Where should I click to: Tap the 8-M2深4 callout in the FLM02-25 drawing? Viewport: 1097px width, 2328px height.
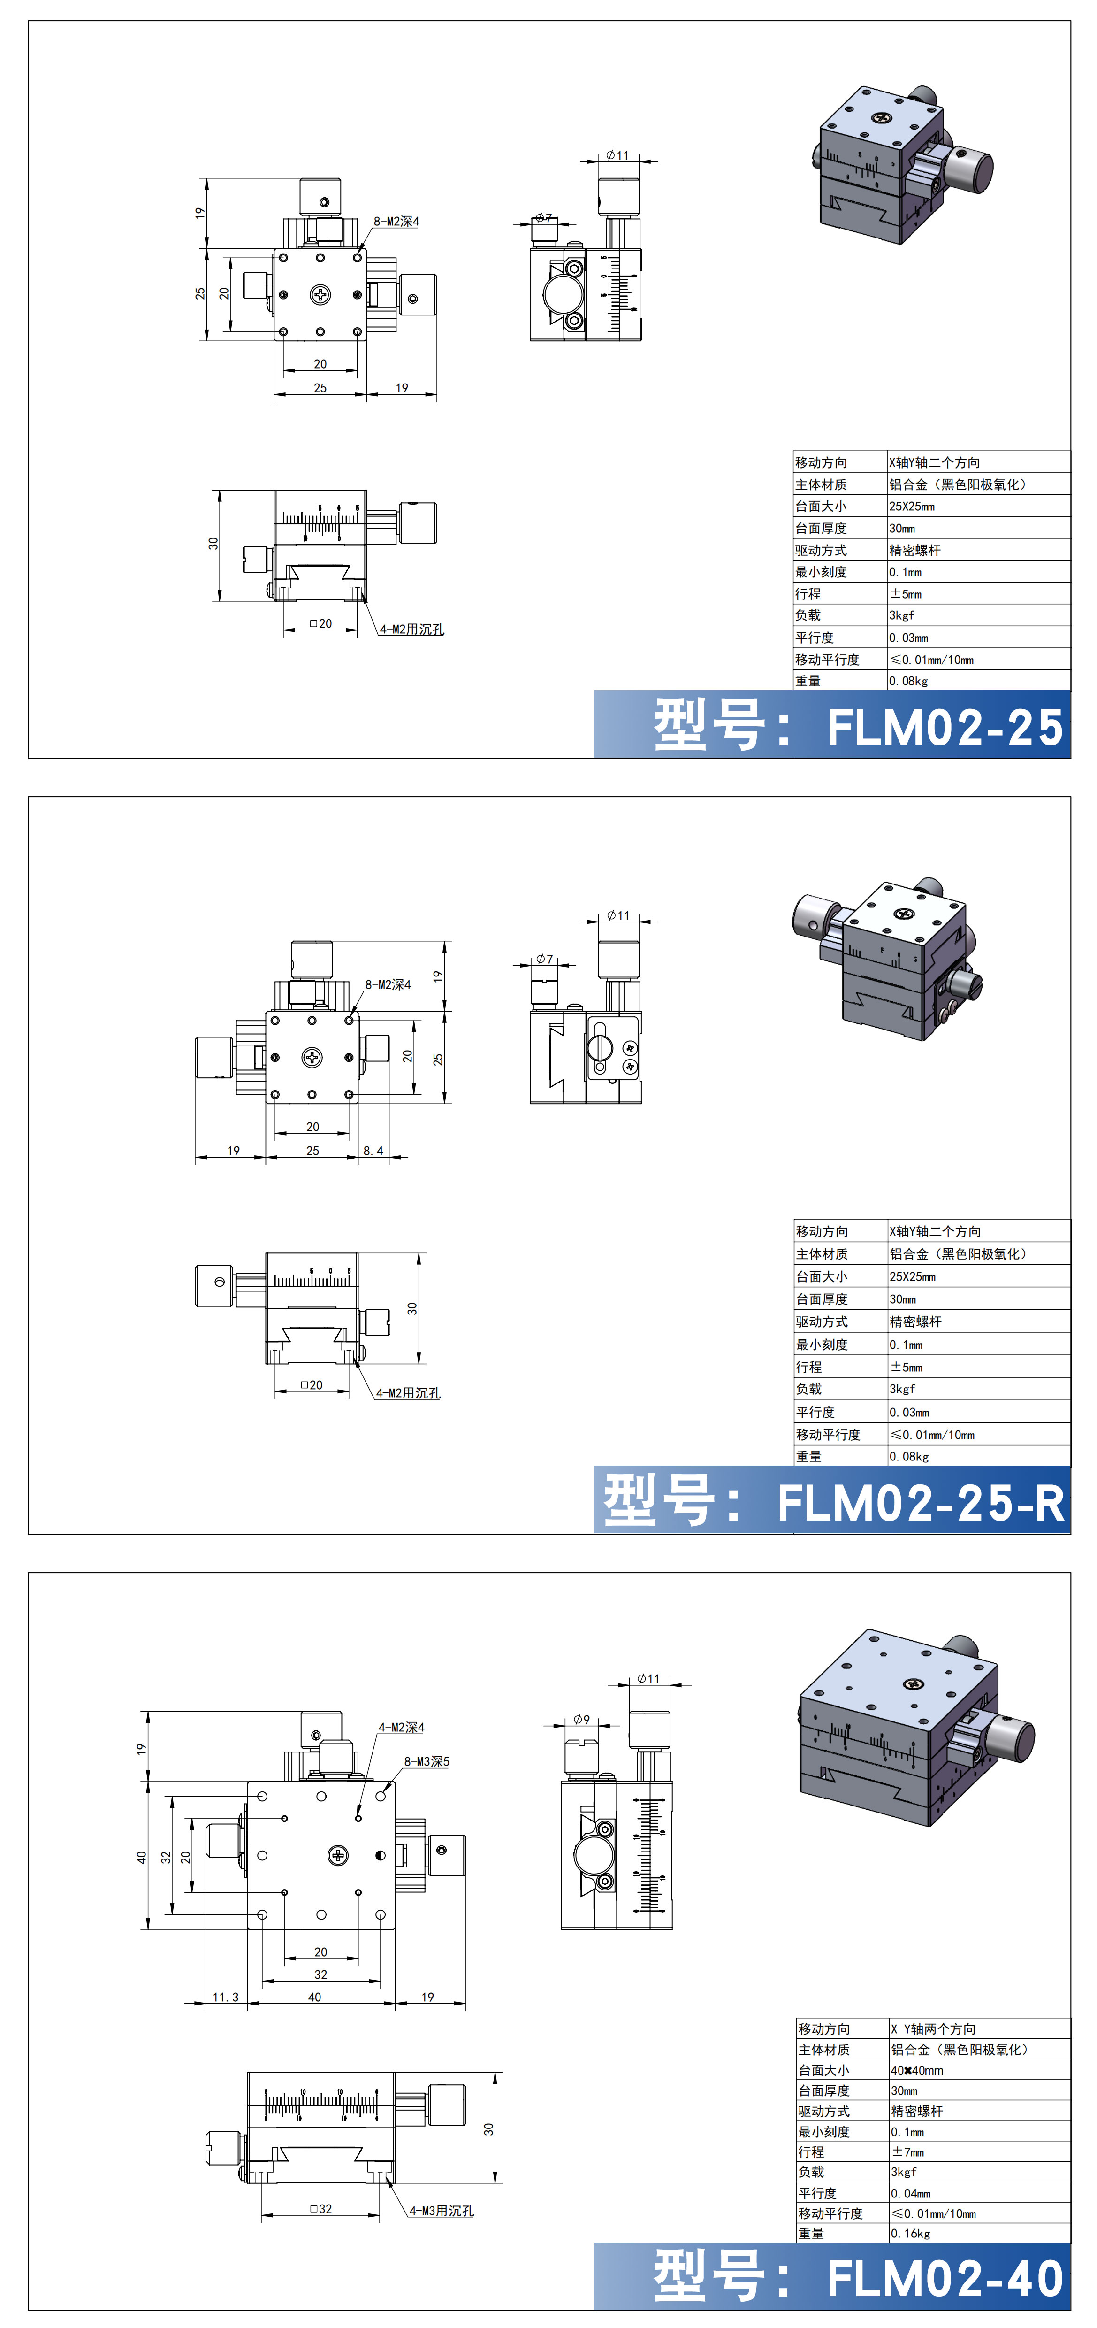[x=396, y=222]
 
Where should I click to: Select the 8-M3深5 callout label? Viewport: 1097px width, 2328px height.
[x=427, y=1761]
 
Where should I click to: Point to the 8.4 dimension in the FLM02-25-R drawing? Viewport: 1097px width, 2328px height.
[x=373, y=1151]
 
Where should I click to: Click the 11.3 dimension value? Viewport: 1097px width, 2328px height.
[x=225, y=1996]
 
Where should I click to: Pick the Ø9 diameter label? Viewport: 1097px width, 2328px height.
[x=581, y=1720]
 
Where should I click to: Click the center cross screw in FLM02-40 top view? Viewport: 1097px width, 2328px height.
[x=338, y=1855]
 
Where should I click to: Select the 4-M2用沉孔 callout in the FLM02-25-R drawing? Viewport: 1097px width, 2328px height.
[x=408, y=1393]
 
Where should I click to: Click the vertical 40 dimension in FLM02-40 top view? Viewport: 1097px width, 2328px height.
[x=141, y=1857]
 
